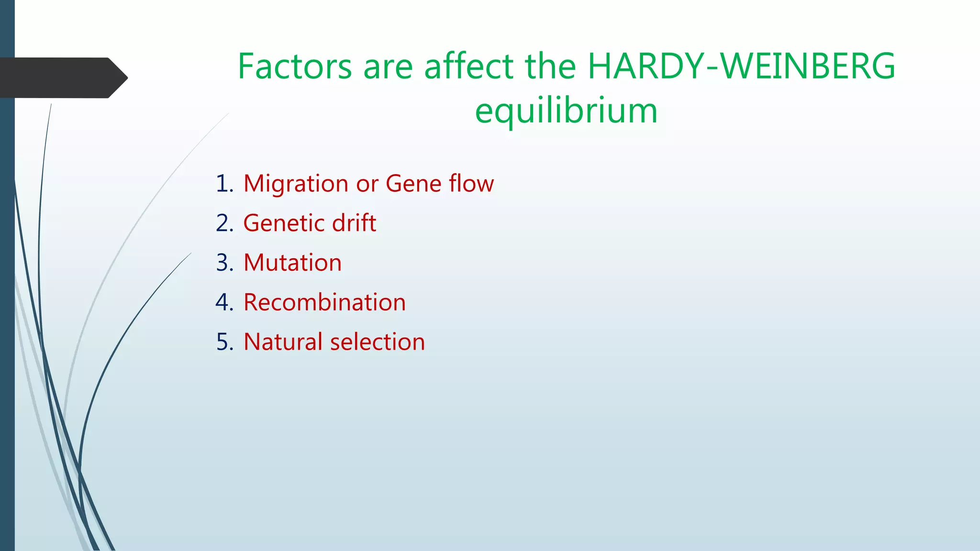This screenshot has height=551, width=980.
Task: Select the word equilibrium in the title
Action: click(566, 111)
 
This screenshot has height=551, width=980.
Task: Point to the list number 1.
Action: click(224, 184)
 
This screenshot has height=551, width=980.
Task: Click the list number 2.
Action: click(224, 223)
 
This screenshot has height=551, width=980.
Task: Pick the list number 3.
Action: click(224, 263)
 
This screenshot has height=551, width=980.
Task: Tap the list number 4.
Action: click(224, 303)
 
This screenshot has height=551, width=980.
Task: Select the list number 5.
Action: click(224, 342)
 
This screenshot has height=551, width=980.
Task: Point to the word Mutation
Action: click(292, 263)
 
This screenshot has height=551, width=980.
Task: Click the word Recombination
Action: click(324, 302)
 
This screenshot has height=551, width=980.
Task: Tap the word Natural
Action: click(283, 342)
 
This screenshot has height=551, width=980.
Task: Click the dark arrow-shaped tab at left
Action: click(62, 77)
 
